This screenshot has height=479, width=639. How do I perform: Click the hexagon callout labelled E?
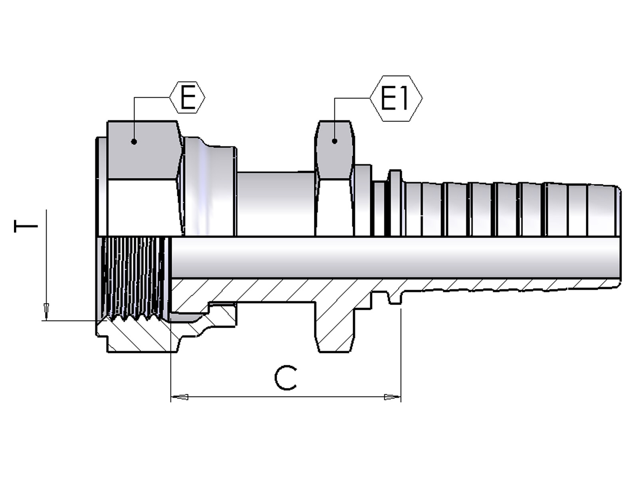[x=187, y=97]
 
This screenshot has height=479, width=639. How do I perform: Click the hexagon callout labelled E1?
[x=396, y=98]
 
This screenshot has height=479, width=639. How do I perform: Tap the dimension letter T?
[x=26, y=226]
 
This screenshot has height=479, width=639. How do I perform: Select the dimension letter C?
[x=286, y=378]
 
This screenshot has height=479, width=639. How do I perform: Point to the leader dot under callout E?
[x=134, y=142]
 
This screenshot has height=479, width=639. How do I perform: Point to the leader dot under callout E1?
[x=335, y=141]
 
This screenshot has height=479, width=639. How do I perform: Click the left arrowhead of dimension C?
[x=179, y=397]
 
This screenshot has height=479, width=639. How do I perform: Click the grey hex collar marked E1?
[x=335, y=150]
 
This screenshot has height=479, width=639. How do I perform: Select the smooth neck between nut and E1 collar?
[x=276, y=204]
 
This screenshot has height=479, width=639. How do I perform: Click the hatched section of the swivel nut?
[x=140, y=335]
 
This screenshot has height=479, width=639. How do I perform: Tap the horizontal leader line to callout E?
[x=152, y=97]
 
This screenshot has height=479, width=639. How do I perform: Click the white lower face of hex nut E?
[x=142, y=207]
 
